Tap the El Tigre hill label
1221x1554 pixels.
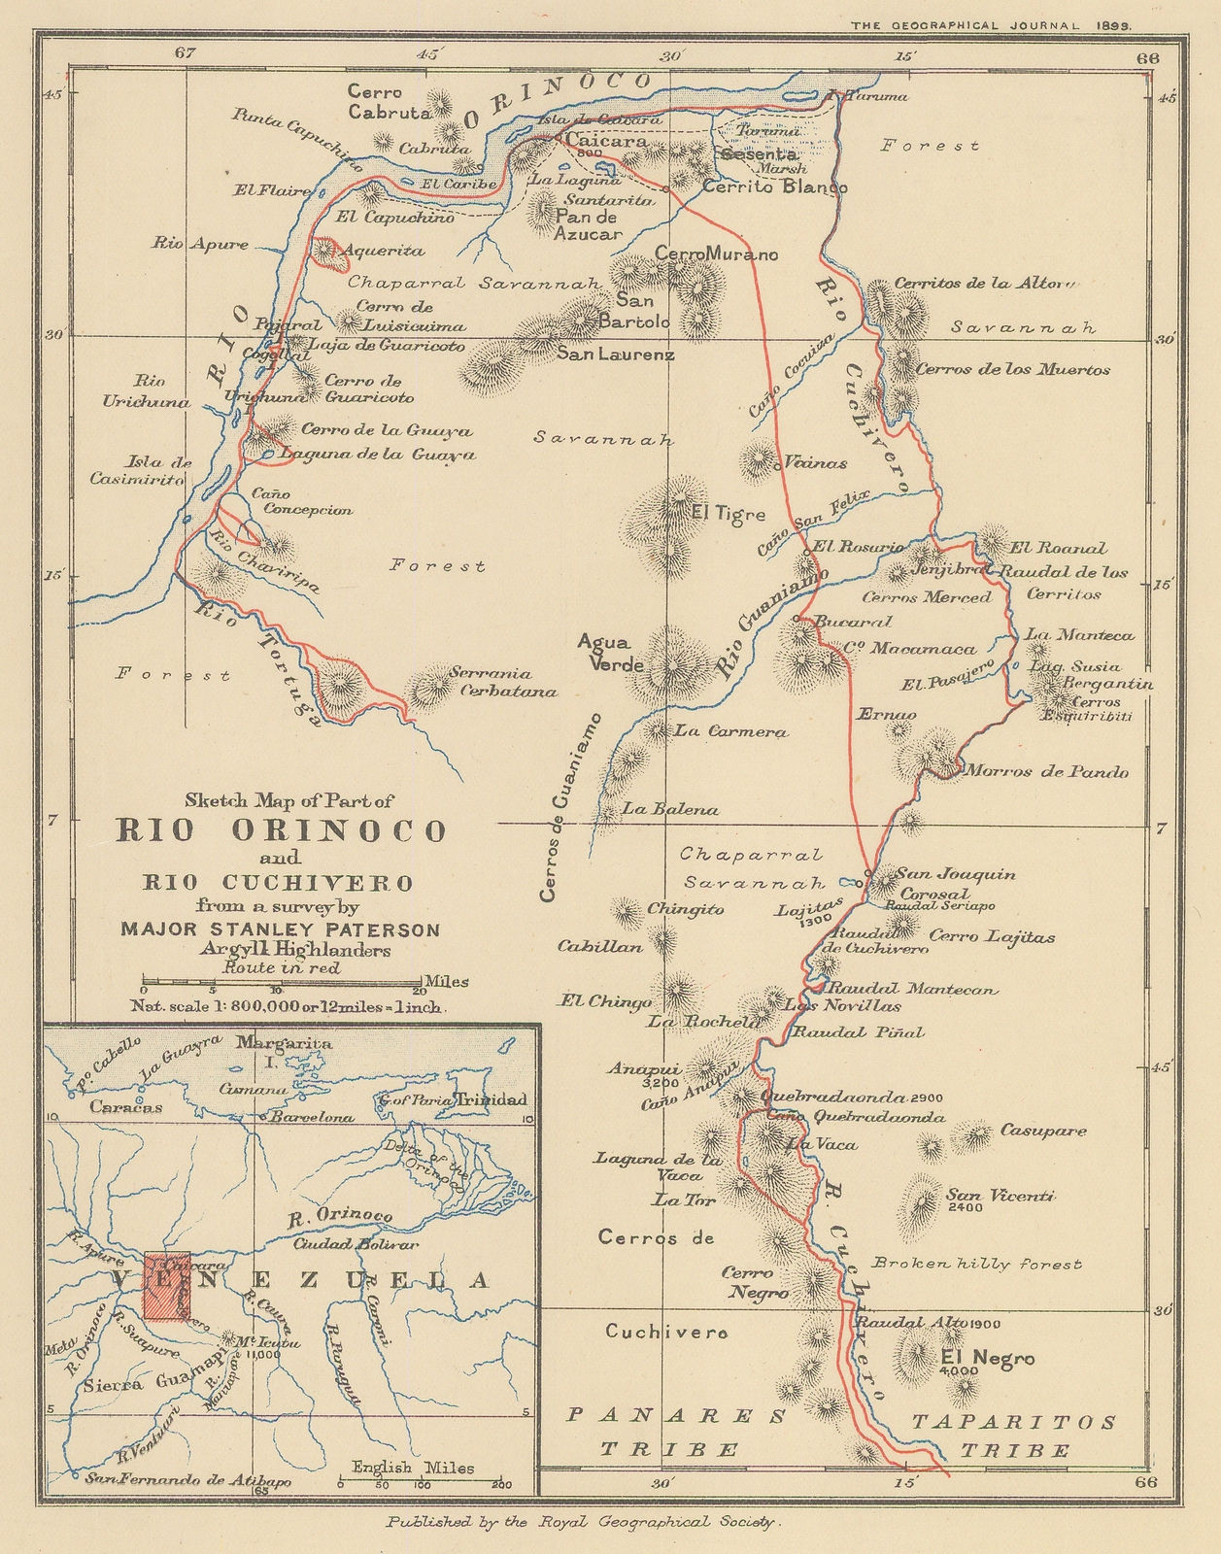[x=728, y=514]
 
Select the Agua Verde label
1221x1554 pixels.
[x=604, y=653]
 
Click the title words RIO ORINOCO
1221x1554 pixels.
[x=282, y=830]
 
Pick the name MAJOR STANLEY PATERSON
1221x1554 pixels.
[x=280, y=929]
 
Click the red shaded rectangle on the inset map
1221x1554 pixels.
[x=169, y=1287]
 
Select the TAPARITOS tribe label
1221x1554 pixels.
[x=1013, y=1422]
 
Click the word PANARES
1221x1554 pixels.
[x=676, y=1416]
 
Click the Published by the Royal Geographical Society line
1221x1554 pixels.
[x=583, y=1523]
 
